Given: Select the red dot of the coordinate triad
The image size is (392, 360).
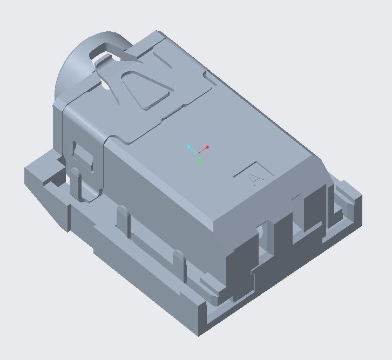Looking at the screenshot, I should click(207, 147).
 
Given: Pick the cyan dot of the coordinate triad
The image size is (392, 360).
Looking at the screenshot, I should click(188, 147).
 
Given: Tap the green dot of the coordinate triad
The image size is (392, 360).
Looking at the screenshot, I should click(198, 162).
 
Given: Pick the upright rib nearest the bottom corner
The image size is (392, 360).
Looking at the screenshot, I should click(180, 264).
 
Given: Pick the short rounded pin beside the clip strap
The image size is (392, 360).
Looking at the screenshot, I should click(75, 181).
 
